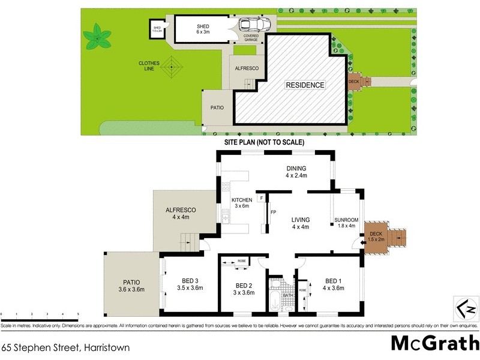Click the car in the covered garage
click(x=254, y=25)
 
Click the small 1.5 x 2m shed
click(x=158, y=29)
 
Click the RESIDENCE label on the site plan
click(x=304, y=85)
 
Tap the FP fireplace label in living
click(x=273, y=212)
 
